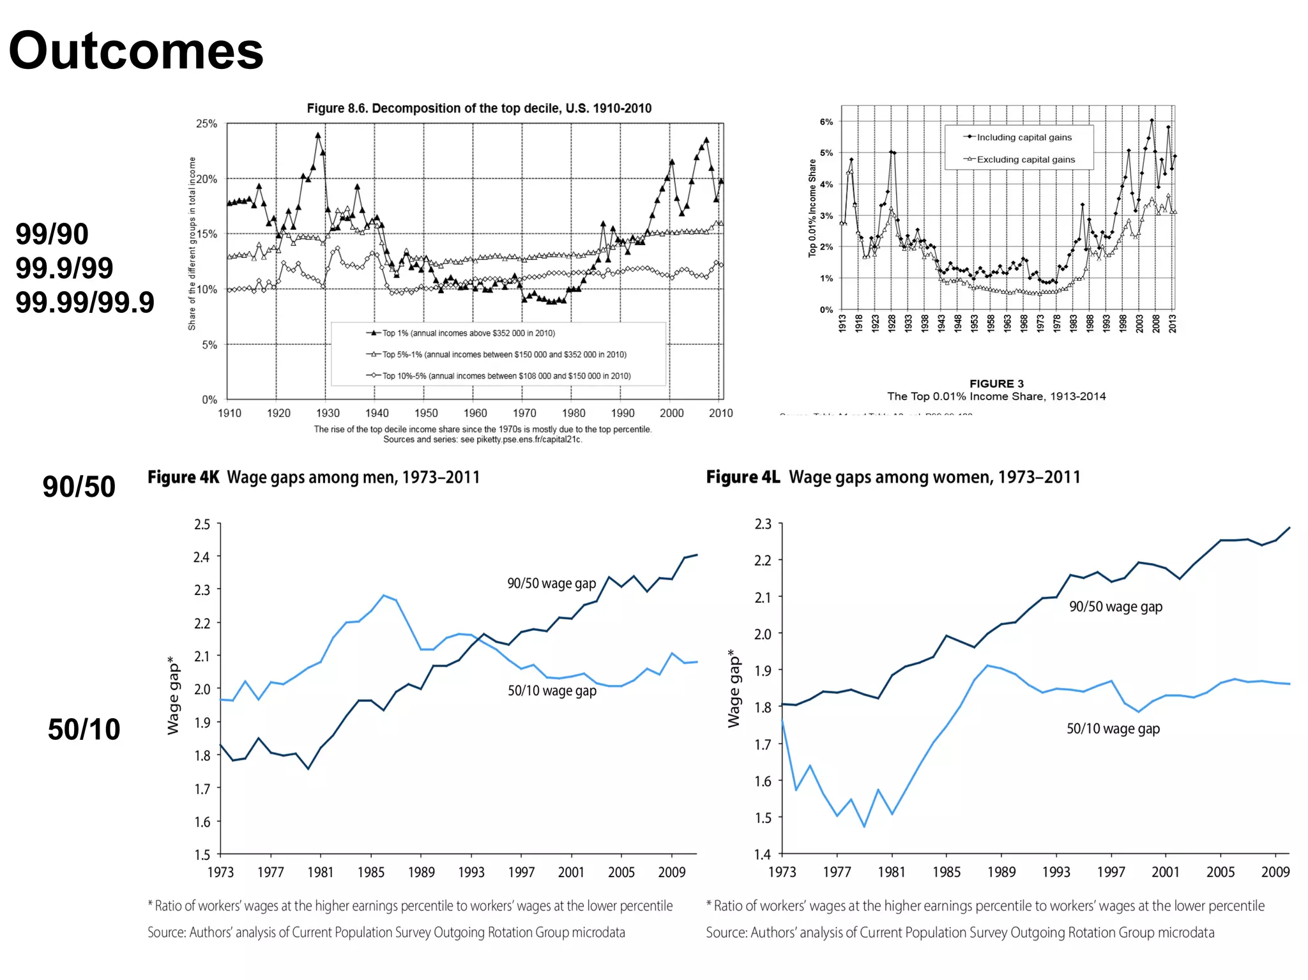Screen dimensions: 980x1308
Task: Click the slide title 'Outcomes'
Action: pyautogui.click(x=136, y=51)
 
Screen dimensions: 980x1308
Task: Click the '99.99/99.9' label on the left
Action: pyautogui.click(x=85, y=302)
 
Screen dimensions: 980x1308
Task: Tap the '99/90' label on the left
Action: pyautogui.click(x=52, y=234)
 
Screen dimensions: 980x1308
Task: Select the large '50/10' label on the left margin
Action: pyautogui.click(x=84, y=729)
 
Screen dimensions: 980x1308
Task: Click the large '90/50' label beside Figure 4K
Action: pyautogui.click(x=79, y=486)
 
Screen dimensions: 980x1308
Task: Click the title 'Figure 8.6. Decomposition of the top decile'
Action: pyautogui.click(x=479, y=108)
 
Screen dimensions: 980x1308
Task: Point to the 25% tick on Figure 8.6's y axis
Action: pyautogui.click(x=206, y=123)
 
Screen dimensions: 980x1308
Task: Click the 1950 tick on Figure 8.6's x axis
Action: pyautogui.click(x=426, y=413)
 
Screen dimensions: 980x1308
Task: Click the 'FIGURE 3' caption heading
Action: pyautogui.click(x=996, y=384)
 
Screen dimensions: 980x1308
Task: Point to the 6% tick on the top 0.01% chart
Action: pyautogui.click(x=826, y=122)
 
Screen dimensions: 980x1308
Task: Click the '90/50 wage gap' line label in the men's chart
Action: pyautogui.click(x=551, y=584)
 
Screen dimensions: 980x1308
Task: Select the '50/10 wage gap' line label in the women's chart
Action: pyautogui.click(x=1113, y=728)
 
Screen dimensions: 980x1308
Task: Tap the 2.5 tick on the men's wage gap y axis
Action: pyautogui.click(x=202, y=524)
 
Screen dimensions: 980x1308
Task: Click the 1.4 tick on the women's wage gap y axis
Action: pyautogui.click(x=763, y=854)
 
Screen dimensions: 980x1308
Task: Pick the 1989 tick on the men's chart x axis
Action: pyautogui.click(x=421, y=872)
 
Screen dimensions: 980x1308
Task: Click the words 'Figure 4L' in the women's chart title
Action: pyautogui.click(x=743, y=477)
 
